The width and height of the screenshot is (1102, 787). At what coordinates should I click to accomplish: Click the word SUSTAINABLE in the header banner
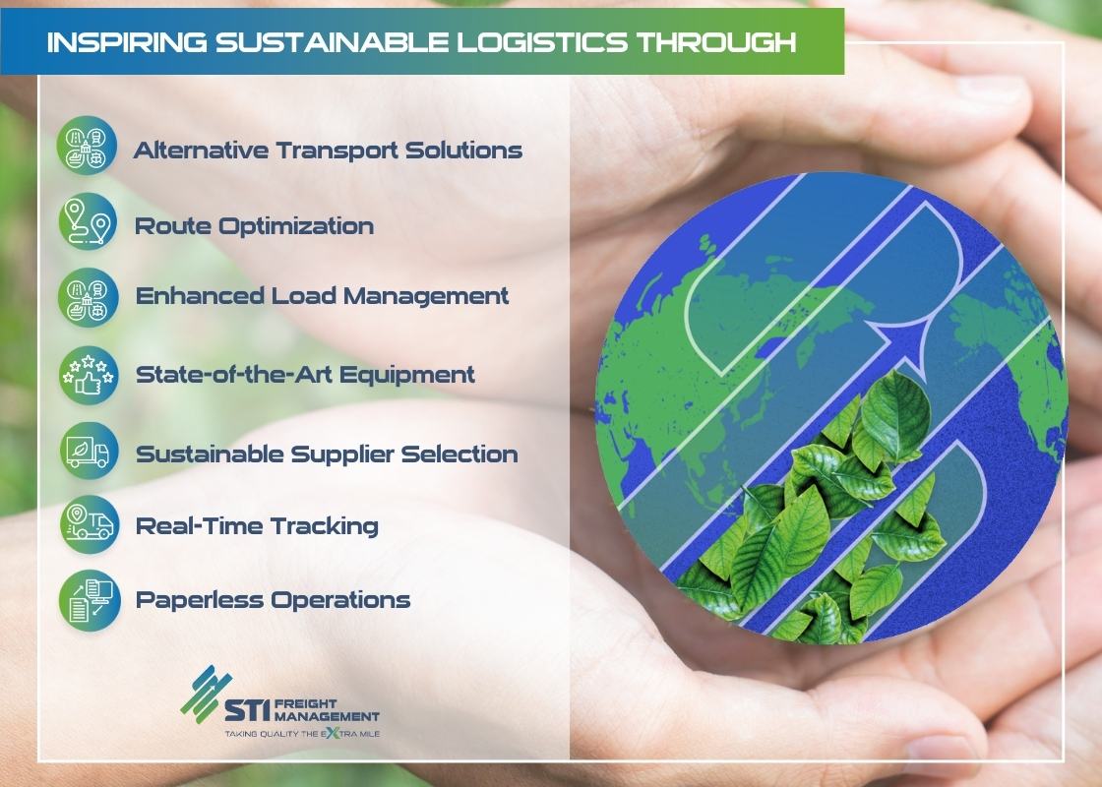tap(332, 42)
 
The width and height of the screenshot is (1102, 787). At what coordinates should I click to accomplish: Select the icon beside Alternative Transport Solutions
tap(87, 146)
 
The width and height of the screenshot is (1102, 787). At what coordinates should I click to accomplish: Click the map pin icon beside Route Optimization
tap(88, 221)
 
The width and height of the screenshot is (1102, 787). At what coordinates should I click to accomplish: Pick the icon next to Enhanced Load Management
tap(88, 297)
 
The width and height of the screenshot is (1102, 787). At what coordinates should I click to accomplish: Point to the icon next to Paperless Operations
tap(90, 600)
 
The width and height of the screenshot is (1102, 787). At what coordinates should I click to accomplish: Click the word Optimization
tap(296, 226)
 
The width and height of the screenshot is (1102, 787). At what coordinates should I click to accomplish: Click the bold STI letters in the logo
tap(247, 709)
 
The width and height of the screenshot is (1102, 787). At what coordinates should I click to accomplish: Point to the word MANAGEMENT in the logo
tap(327, 717)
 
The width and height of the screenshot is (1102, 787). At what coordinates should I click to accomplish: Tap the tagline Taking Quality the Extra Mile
tap(302, 734)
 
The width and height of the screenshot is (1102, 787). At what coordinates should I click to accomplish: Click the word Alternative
tap(201, 151)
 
